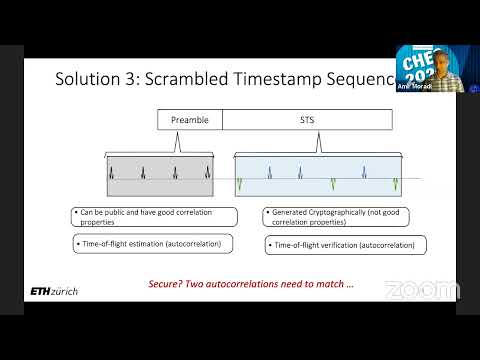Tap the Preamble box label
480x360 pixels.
coord(189,120)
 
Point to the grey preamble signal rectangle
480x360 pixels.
coord(160,175)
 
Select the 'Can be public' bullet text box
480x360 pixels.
coord(154,217)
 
